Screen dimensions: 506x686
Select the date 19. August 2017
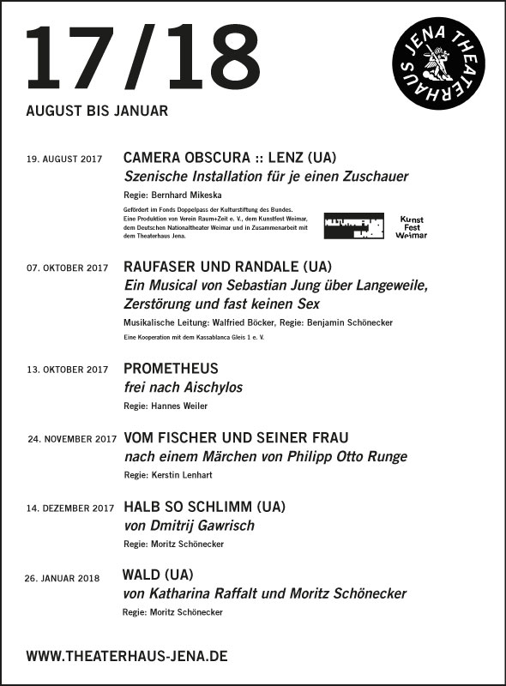[64, 159]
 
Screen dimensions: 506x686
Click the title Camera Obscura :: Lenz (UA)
[229, 158]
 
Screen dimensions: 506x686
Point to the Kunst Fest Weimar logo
[411, 226]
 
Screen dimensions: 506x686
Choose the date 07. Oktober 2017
[69, 268]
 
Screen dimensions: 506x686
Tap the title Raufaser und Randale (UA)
[227, 266]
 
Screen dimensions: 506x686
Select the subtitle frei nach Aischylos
[184, 388]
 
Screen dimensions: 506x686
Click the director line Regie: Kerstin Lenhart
[167, 474]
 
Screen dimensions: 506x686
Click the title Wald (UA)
[159, 575]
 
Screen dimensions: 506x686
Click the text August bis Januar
[97, 111]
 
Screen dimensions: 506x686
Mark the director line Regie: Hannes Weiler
[166, 406]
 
